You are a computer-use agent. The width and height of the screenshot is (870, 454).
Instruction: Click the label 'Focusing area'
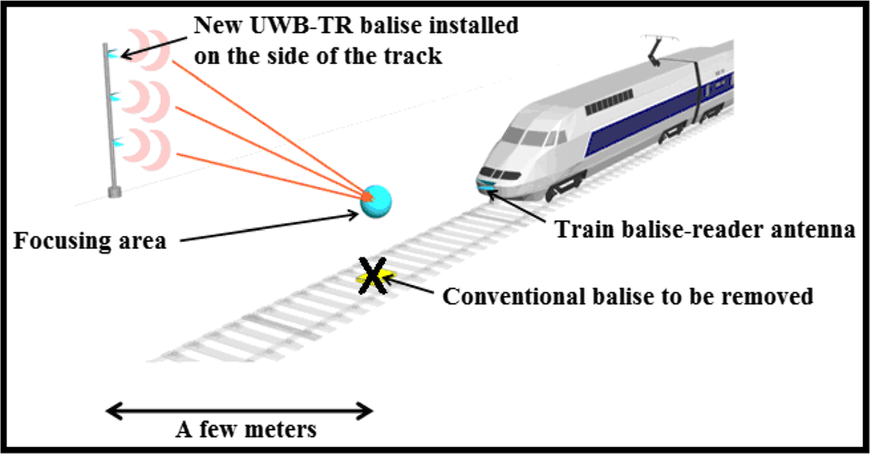click(x=90, y=240)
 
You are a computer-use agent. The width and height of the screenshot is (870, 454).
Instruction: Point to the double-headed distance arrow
click(x=239, y=410)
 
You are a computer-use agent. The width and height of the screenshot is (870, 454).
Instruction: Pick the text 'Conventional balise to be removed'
click(x=628, y=296)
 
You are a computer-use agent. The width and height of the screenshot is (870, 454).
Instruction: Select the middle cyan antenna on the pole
click(x=114, y=98)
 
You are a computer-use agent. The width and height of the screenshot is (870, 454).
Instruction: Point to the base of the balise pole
click(x=115, y=192)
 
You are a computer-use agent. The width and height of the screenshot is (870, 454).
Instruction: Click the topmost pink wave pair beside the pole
click(x=147, y=49)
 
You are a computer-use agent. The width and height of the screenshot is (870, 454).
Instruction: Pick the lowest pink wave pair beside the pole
click(x=148, y=143)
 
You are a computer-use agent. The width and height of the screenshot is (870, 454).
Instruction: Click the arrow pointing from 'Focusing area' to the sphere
click(x=267, y=227)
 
